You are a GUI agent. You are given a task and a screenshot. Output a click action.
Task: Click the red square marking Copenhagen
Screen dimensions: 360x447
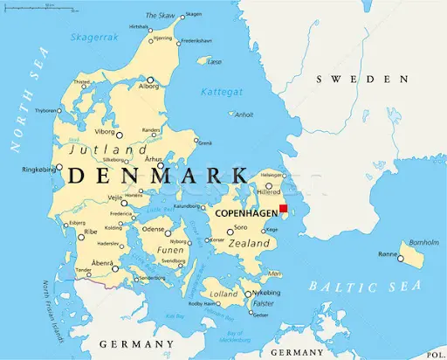click(283, 208)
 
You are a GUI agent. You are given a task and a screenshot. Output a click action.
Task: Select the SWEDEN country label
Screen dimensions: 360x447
click(355, 80)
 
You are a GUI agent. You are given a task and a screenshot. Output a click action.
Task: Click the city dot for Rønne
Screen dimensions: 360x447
click(402, 257)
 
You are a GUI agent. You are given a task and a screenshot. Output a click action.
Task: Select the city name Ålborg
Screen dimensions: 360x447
click(150, 87)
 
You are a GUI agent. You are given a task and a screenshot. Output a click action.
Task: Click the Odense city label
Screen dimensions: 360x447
click(154, 229)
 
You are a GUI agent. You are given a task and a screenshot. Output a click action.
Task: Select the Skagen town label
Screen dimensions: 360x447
click(193, 14)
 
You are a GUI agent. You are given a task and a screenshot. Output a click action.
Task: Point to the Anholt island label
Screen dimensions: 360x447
click(244, 114)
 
